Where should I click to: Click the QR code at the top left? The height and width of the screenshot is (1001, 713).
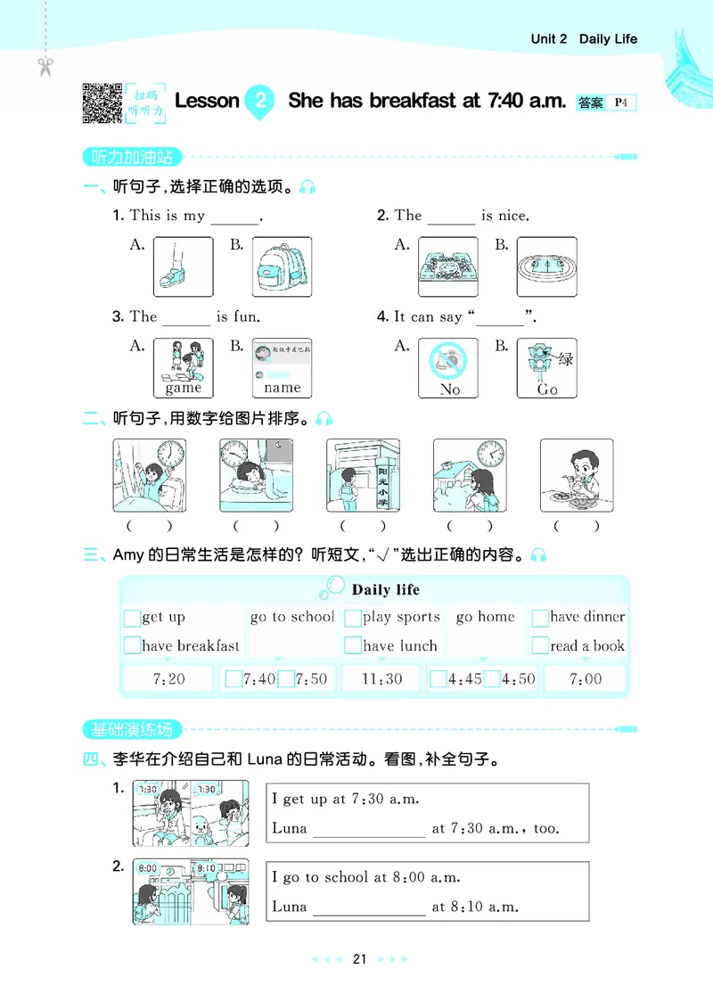[102, 103]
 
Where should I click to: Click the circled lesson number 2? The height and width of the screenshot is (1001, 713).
[258, 100]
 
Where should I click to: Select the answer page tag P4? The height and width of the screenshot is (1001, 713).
[621, 103]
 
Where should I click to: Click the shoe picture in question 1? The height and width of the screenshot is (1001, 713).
[183, 267]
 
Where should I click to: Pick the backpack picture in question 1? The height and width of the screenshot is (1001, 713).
[282, 267]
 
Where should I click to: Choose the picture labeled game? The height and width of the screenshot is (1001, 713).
[183, 367]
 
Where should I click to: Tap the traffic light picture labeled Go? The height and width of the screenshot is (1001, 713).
[546, 367]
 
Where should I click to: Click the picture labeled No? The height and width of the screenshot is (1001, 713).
[448, 367]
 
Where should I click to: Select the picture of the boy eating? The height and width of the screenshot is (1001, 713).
[577, 475]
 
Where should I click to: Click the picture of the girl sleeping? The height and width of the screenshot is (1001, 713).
[256, 475]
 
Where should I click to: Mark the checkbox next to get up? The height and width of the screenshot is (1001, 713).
[132, 618]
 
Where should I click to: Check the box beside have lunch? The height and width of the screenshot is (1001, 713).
[353, 646]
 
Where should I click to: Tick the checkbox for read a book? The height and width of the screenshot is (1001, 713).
[540, 646]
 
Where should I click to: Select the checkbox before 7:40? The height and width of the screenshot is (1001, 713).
[234, 679]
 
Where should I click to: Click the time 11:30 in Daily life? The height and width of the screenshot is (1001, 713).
[381, 679]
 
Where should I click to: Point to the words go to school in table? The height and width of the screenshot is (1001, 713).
[292, 617]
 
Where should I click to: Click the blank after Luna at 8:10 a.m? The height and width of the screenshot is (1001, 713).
[369, 907]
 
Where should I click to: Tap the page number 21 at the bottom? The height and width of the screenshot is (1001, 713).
[359, 959]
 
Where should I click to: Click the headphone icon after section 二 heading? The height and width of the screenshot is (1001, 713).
[324, 419]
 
